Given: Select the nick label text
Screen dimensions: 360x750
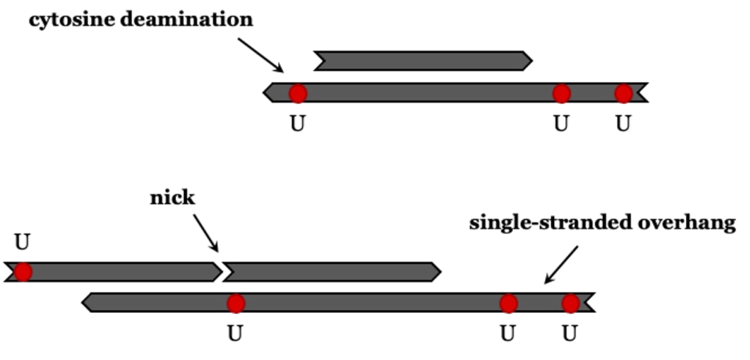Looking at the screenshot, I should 172,198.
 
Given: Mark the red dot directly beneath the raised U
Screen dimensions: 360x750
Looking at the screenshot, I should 23,272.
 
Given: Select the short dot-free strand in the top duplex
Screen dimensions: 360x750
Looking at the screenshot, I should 422,61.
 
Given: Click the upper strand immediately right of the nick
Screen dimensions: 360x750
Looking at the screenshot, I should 332,272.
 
